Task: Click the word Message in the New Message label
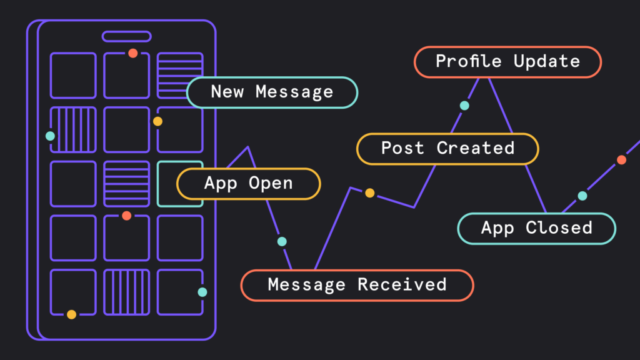[294, 92]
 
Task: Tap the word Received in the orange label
[402, 285]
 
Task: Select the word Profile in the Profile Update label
[468, 62]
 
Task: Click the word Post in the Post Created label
[402, 148]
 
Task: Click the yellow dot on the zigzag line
[369, 193]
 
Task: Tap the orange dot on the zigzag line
[621, 160]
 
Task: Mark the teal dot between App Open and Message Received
[282, 241]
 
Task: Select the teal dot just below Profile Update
[464, 106]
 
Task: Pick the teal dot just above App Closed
[582, 196]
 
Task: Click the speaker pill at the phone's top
[126, 36]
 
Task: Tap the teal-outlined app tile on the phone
[180, 184]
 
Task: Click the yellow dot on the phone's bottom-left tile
[72, 314]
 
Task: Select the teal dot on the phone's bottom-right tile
[202, 292]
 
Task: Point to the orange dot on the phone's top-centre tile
[132, 53]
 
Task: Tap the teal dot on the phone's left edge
[50, 136]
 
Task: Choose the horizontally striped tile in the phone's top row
[180, 76]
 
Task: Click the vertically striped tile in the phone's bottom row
[126, 292]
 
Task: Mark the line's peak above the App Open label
[248, 147]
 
